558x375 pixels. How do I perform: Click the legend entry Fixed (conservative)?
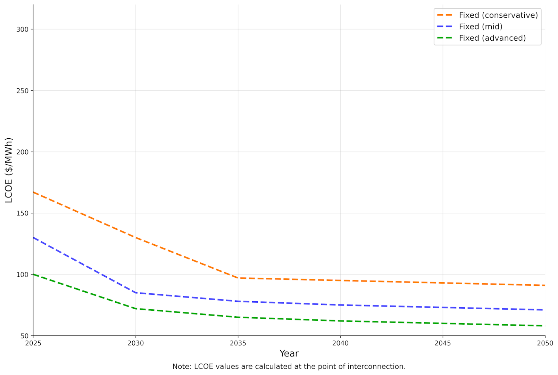[498, 15]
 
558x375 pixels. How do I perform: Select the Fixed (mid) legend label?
[480, 27]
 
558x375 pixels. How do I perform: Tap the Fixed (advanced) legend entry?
[492, 38]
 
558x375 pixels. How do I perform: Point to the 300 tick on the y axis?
[22, 30]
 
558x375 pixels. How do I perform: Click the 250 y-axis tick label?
[22, 91]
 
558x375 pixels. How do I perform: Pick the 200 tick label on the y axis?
[22, 152]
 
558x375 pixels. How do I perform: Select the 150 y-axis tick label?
[22, 213]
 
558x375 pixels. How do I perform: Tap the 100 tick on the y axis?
[22, 275]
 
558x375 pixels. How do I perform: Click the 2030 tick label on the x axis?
[135, 343]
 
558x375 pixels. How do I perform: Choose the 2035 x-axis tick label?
[238, 343]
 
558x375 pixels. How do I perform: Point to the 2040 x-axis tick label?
[340, 343]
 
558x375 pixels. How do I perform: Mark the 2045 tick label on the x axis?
[443, 343]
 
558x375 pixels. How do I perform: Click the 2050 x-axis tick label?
[545, 343]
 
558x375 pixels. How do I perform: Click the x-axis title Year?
[289, 353]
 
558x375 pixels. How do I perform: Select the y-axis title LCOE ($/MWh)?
[9, 170]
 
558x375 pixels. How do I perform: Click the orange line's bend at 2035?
[238, 278]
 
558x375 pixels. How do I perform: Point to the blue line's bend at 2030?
[135, 293]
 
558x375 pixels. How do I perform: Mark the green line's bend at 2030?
[135, 309]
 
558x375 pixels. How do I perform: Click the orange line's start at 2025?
[34, 192]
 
